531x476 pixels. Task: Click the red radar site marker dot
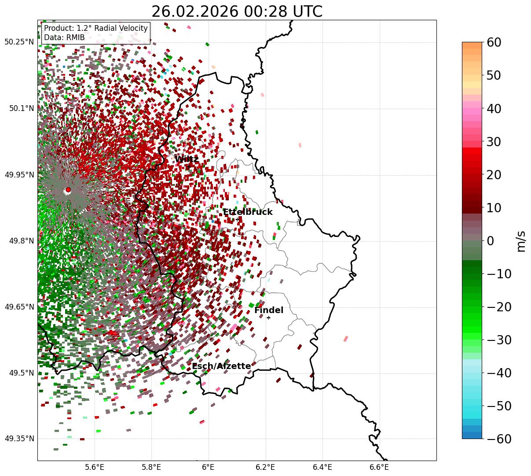tap(68, 190)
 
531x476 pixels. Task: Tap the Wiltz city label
tap(187, 159)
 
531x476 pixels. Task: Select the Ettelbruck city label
tap(248, 212)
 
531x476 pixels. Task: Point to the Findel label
tap(269, 310)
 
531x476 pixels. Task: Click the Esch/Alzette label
tap(221, 366)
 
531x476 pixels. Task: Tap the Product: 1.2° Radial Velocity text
tap(96, 28)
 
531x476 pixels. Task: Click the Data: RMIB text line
tap(64, 38)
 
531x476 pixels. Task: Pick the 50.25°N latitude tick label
tap(19, 42)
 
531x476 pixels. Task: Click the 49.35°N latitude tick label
tap(19, 439)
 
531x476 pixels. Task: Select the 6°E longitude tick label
tap(208, 467)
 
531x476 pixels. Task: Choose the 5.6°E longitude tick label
tap(94, 467)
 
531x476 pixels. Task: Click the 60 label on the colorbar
tap(494, 43)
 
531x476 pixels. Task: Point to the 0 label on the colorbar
tap(491, 241)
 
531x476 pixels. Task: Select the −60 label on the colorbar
tap(499, 439)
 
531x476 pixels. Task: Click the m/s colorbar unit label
tap(521, 241)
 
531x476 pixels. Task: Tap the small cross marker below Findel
tap(268, 317)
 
